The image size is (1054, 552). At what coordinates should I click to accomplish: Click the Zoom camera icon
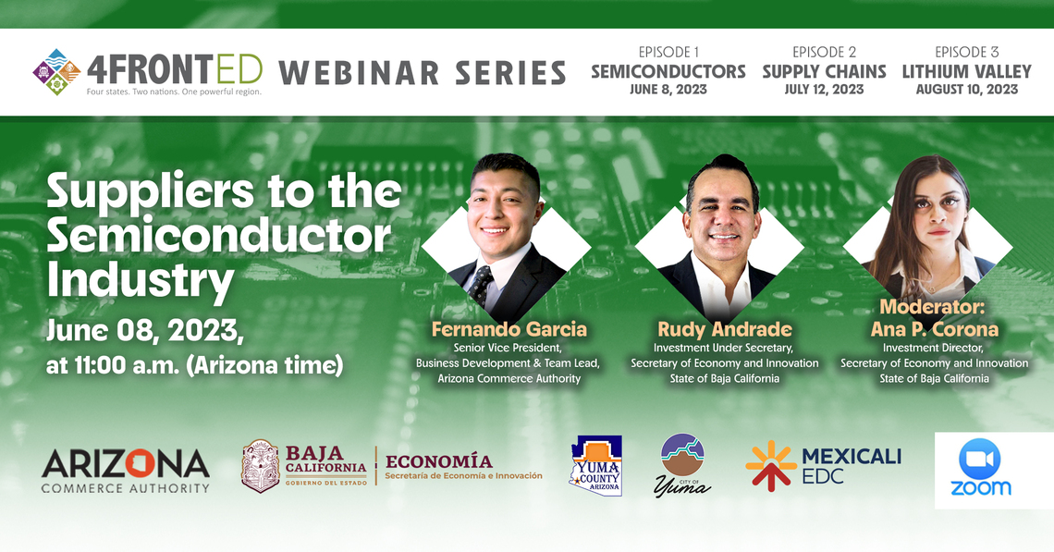(979, 459)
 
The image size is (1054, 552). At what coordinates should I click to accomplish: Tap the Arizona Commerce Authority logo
(126, 471)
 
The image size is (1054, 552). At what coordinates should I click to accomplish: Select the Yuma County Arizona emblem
(595, 465)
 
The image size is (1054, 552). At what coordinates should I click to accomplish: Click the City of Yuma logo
(682, 465)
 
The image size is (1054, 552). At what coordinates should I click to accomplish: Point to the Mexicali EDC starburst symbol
(771, 465)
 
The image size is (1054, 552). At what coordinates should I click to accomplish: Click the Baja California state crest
(260, 465)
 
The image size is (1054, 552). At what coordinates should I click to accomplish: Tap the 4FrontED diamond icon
(56, 72)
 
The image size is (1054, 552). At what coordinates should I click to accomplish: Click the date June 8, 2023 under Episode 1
(668, 90)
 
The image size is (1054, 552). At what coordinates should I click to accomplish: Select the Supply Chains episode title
(824, 71)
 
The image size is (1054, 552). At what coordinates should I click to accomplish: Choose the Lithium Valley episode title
(966, 71)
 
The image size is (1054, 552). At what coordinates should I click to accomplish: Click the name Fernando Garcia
(509, 329)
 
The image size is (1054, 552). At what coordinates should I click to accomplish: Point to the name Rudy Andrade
(725, 329)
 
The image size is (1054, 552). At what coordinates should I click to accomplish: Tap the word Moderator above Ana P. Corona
(932, 307)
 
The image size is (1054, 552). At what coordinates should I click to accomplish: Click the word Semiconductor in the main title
(219, 236)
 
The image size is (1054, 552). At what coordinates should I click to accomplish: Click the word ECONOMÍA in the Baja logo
(439, 461)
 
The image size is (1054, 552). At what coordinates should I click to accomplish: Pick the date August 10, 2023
(966, 90)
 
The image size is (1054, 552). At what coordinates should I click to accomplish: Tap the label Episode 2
(824, 52)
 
